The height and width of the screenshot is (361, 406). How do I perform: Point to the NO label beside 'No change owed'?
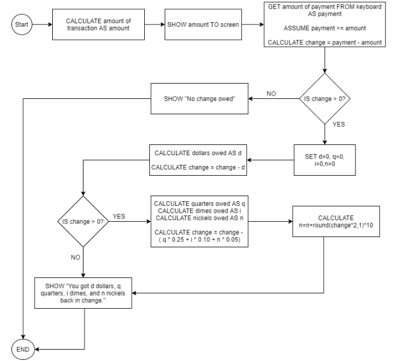[x=271, y=94]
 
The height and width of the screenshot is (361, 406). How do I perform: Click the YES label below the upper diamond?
[x=338, y=125]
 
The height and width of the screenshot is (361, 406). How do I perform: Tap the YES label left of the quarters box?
[x=119, y=217]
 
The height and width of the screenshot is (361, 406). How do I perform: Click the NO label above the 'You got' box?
[x=76, y=258]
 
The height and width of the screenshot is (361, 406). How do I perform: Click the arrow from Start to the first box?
[x=42, y=24]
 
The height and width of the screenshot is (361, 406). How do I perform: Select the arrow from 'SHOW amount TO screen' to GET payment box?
[x=253, y=24]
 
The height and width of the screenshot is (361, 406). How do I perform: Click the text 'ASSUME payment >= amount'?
[x=325, y=28]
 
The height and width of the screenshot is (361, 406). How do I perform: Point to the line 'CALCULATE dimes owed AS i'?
[x=199, y=211]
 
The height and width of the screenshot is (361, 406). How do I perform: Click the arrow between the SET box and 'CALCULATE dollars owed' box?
[x=270, y=160]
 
